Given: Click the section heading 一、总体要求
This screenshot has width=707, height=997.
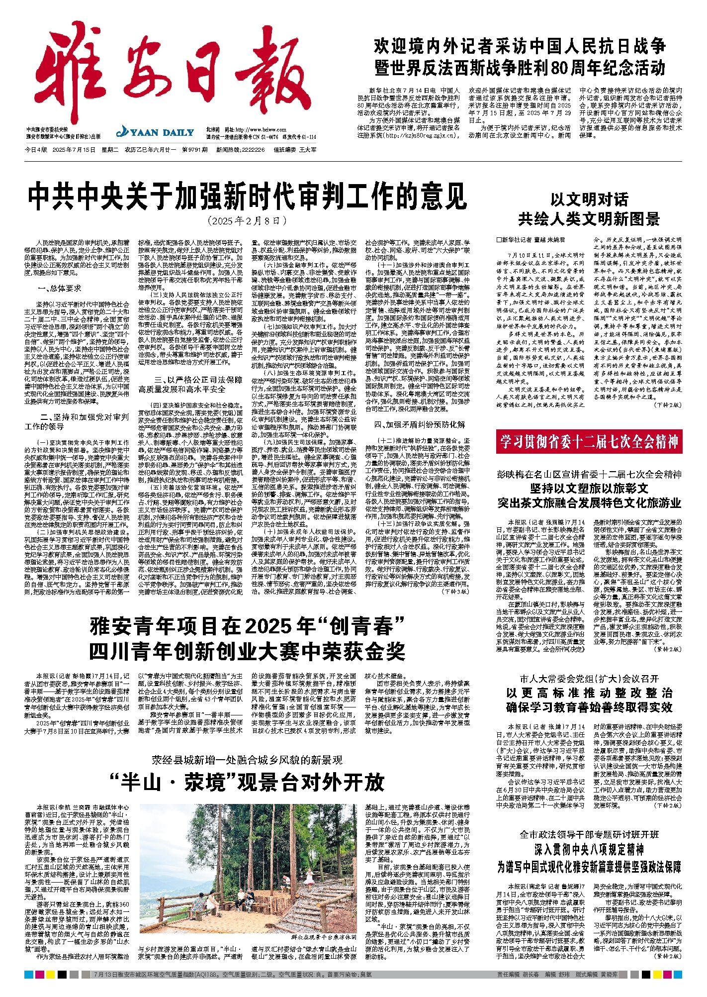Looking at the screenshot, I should pos(59,289).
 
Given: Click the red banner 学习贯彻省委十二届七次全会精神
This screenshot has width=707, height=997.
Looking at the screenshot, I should pos(589,441).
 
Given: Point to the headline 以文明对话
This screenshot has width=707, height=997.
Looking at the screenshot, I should pos(589,200).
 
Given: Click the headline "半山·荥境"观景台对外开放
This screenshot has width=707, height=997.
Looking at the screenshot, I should pos(247,782).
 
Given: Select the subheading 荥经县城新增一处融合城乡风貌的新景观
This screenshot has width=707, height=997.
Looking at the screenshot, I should pos(247,760).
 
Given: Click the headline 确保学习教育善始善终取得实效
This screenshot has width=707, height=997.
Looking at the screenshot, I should pos(589,707).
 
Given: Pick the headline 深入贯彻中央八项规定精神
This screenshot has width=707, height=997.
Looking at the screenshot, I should pos(589,849).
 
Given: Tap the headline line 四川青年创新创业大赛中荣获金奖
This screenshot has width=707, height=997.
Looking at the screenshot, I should pos(247,651).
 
